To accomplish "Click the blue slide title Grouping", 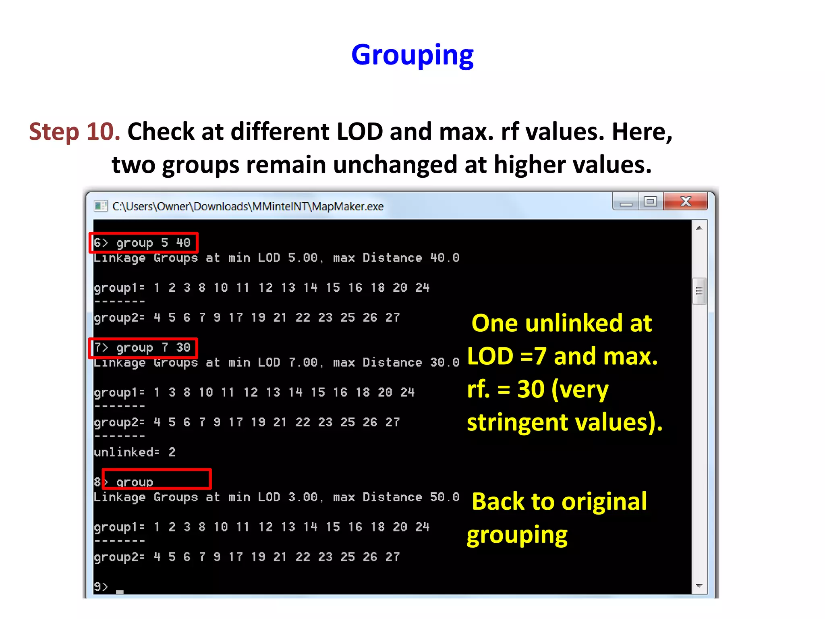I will click(412, 55).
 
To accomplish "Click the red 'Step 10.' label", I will click(75, 132).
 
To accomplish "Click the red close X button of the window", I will click(685, 201).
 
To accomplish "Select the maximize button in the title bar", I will click(650, 201).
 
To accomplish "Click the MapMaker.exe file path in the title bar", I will click(248, 207).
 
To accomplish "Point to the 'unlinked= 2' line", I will click(135, 452).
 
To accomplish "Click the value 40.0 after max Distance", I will click(445, 258).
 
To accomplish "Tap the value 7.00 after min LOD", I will click(303, 363).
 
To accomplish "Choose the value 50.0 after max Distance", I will click(445, 497).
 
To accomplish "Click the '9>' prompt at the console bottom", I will click(101, 586).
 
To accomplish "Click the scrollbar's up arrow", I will click(699, 228).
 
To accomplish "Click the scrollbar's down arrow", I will click(699, 586).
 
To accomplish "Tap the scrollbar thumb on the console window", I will click(699, 291).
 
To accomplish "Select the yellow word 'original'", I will click(604, 502).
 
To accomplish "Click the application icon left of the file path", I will click(100, 206).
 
